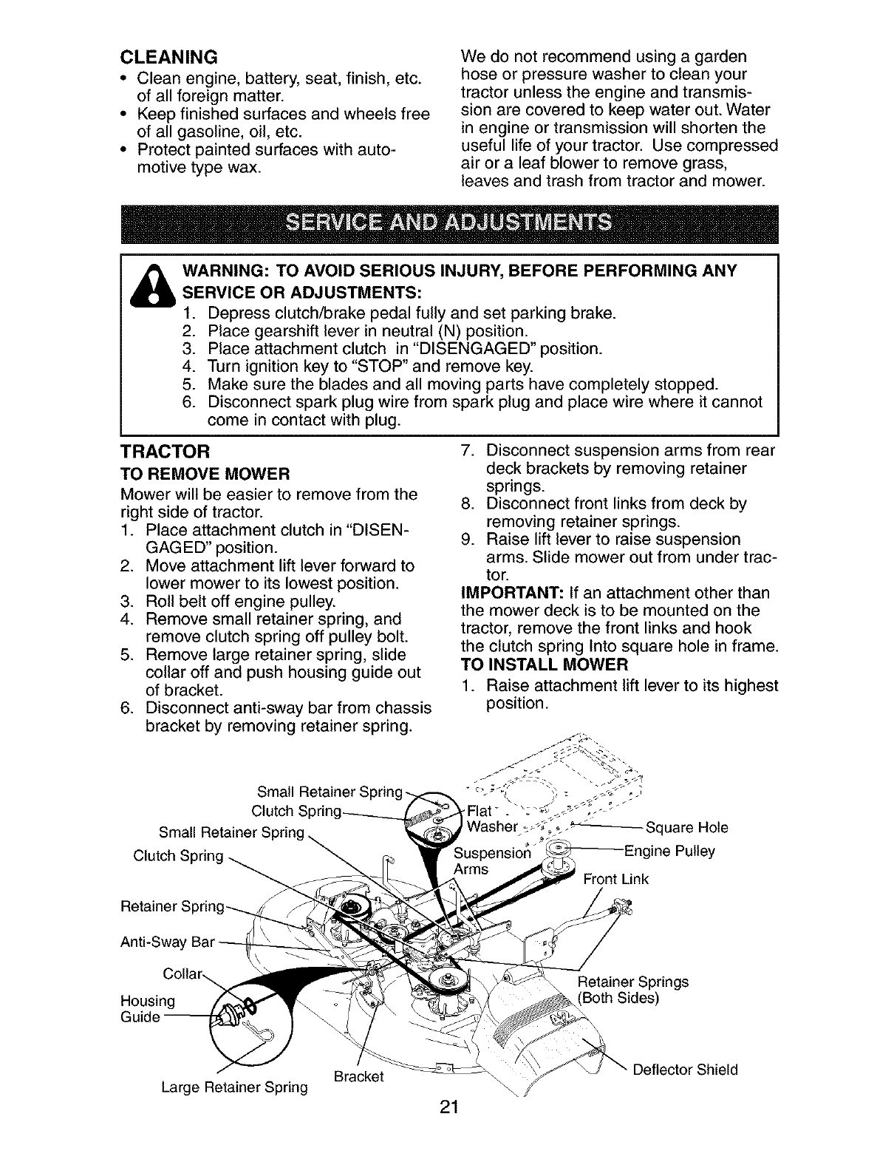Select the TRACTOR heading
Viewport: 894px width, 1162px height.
[166, 451]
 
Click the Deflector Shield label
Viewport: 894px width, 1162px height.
[685, 1070]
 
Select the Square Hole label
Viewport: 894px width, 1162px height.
[686, 827]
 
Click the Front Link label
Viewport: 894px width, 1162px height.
[615, 879]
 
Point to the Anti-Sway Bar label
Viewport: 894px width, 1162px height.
[166, 942]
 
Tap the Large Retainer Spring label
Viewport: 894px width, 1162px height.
[233, 1087]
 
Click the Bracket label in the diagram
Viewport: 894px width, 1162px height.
[358, 1076]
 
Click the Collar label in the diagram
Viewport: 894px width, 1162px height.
[181, 974]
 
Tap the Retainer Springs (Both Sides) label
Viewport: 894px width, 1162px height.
[632, 990]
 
